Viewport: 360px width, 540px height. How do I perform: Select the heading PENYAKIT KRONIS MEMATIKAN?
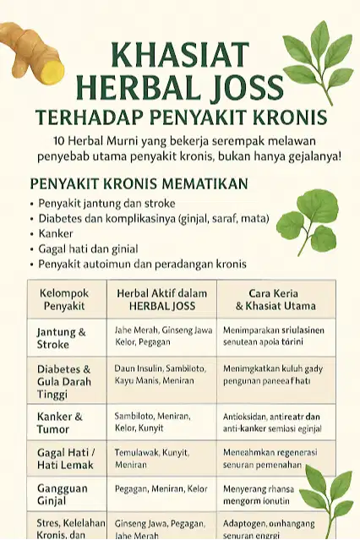pos(139,183)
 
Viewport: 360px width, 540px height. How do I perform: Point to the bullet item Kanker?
pos(57,233)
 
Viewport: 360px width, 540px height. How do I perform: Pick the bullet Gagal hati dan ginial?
pos(87,248)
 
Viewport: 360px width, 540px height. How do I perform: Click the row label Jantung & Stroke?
pos(62,338)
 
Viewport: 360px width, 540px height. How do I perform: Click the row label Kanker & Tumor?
pos(60,422)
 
